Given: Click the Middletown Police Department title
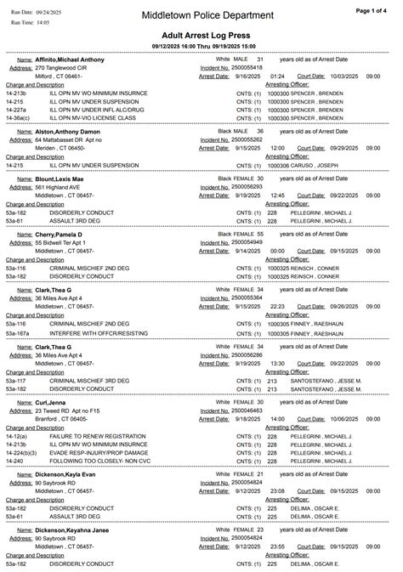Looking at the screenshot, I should click(208, 15).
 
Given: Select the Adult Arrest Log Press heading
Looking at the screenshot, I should click(201, 35).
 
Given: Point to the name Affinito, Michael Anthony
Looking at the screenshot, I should click(70, 59).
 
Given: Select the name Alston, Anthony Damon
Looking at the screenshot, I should click(67, 132).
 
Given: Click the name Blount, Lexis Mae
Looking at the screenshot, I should click(60, 179).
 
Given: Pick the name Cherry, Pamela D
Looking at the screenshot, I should click(59, 234).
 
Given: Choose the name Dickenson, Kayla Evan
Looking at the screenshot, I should click(65, 473).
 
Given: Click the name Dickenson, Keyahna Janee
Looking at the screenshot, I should click(71, 529).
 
